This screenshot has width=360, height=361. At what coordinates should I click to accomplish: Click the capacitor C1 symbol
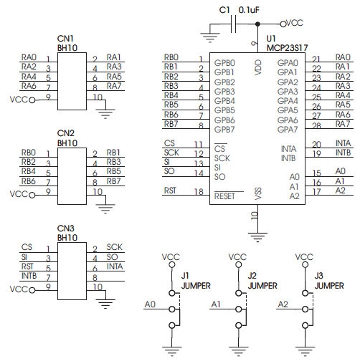coord(233,24)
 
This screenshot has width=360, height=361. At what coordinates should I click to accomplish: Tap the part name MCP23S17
coord(287,48)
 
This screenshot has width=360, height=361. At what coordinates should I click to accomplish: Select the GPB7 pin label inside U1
coord(224,130)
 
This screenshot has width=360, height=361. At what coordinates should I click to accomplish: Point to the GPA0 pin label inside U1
coord(288,63)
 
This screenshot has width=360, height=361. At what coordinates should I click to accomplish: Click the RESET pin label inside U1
coord(224,196)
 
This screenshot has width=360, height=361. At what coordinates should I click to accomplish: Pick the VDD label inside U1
coord(258,67)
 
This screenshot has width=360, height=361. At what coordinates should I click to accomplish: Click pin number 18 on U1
coord(199,192)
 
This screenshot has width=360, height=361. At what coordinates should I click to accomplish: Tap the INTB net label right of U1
coord(343,153)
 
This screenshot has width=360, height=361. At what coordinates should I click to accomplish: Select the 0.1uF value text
coord(249,10)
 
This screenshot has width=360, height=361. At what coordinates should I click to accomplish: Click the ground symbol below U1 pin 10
coord(257,237)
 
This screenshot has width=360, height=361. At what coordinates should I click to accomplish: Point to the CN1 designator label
coord(65,39)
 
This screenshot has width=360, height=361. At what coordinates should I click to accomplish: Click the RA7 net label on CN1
coord(114,86)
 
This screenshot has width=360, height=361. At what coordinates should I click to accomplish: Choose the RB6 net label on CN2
coord(29,181)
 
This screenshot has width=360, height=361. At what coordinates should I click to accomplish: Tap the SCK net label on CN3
coord(115,247)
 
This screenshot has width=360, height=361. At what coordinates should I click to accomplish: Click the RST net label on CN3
coord(27,266)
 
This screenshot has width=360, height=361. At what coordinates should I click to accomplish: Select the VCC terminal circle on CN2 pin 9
coord(32,196)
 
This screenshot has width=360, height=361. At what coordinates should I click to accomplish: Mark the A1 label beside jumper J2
coord(216,304)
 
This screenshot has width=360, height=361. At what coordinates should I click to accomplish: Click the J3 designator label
coord(319,276)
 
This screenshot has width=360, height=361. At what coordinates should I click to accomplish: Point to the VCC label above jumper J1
coord(171,257)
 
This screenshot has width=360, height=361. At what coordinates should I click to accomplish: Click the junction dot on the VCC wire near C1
coord(257,24)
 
